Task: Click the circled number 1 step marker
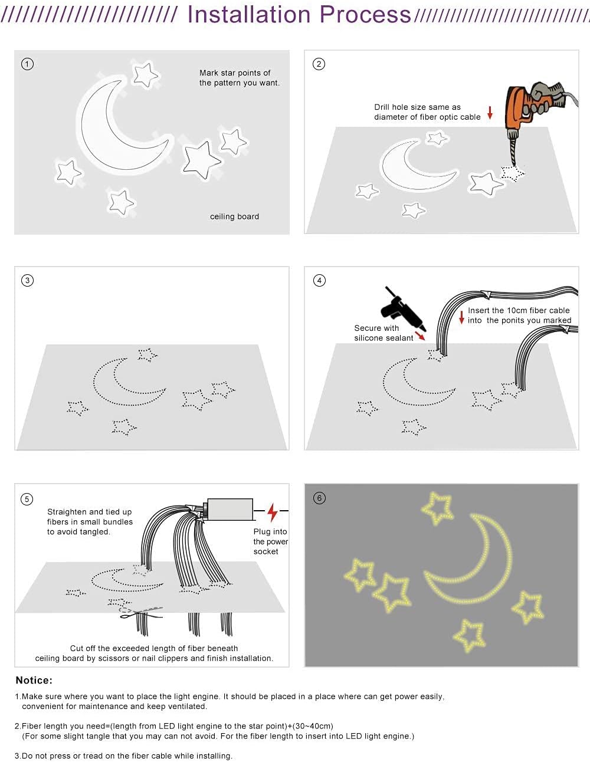27,64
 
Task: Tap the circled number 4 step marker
319,280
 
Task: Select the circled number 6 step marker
319,498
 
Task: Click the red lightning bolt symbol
272,512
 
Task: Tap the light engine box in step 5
230,510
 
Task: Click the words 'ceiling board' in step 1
234,216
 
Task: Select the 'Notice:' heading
34,680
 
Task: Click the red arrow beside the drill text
490,112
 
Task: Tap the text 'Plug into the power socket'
270,541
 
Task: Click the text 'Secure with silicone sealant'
383,333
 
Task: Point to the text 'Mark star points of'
235,73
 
